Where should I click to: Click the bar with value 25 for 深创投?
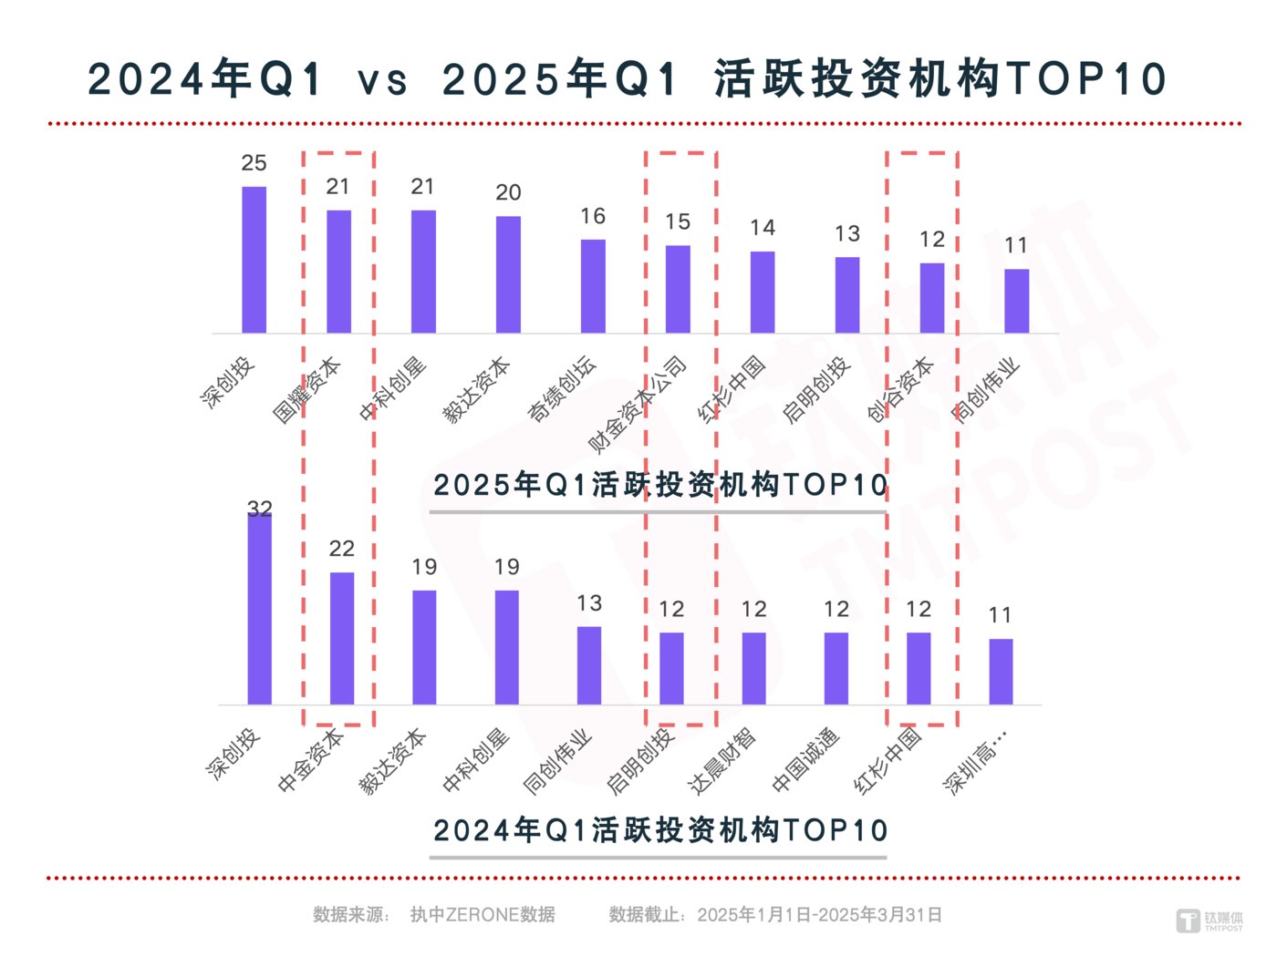click(254, 260)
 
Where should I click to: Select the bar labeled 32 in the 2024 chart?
click(259, 608)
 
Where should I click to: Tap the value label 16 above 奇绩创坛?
click(593, 216)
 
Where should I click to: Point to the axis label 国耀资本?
click(306, 391)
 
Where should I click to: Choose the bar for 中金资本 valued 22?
click(341, 638)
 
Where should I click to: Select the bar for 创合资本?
click(931, 298)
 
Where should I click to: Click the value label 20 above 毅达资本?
click(508, 192)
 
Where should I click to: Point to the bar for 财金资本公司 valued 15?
click(678, 289)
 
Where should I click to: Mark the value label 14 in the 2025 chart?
click(763, 228)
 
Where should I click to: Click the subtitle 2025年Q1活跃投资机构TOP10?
click(659, 485)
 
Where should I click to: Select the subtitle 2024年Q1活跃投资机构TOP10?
click(659, 830)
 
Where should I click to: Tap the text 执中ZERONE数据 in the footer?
click(483, 914)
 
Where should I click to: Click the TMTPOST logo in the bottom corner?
click(1209, 921)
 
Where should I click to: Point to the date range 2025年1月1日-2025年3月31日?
click(819, 914)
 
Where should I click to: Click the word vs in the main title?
click(382, 80)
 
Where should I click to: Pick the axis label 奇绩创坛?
click(562, 389)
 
